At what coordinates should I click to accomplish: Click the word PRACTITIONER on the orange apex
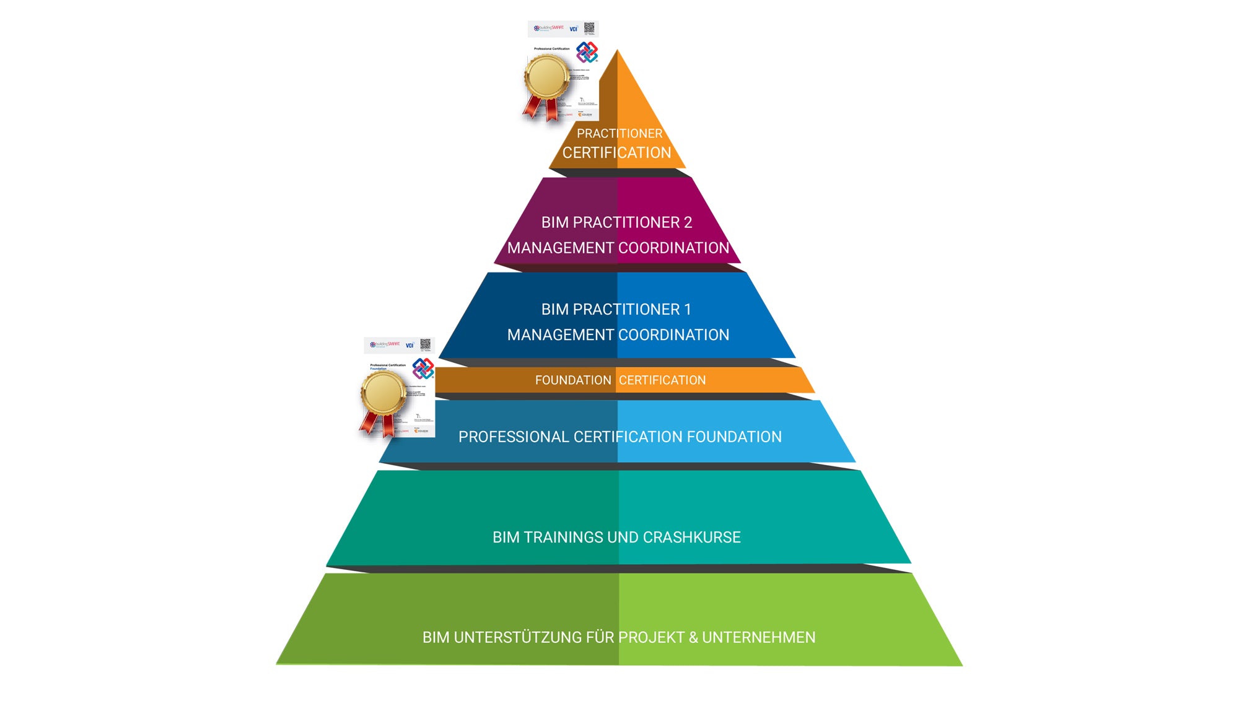pyautogui.click(x=619, y=133)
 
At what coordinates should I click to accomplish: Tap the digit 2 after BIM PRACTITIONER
pyautogui.click(x=688, y=222)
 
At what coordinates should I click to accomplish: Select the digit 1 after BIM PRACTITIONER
pyautogui.click(x=687, y=309)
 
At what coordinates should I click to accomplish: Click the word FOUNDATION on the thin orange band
pyautogui.click(x=573, y=380)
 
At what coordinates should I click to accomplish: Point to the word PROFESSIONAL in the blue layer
pyautogui.click(x=514, y=437)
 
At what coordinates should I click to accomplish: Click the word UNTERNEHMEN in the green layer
pyautogui.click(x=758, y=637)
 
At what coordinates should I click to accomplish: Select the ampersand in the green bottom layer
pyautogui.click(x=693, y=637)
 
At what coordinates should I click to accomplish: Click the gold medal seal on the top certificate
pyautogui.click(x=546, y=77)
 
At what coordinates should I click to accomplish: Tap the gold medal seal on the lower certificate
pyautogui.click(x=382, y=393)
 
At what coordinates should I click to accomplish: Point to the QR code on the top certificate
pyautogui.click(x=589, y=28)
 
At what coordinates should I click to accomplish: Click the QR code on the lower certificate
pyautogui.click(x=426, y=344)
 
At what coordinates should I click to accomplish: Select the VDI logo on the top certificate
pyautogui.click(x=573, y=29)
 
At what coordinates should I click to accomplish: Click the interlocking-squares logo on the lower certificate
pyautogui.click(x=423, y=368)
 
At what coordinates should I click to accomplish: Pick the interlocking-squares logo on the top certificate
pyautogui.click(x=587, y=51)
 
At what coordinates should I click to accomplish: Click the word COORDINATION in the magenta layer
pyautogui.click(x=673, y=248)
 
